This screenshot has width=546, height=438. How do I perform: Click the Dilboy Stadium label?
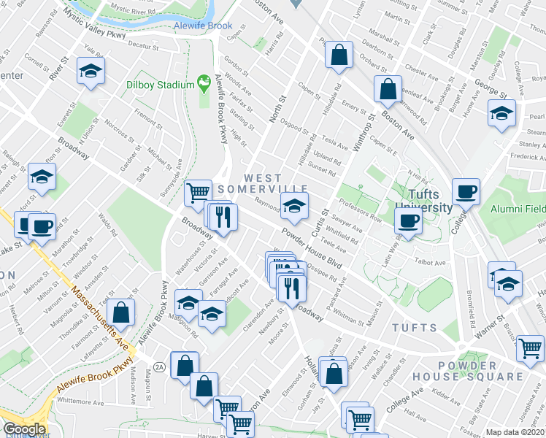pyautogui.click(x=169, y=85)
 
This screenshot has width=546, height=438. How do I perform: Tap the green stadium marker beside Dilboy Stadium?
pyautogui.click(x=204, y=85)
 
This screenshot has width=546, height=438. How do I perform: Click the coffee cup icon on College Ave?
pyautogui.click(x=466, y=193)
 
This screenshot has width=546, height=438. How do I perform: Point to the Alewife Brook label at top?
pyautogui.click(x=202, y=25)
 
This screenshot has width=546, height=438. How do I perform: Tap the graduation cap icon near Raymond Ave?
pyautogui.click(x=294, y=207)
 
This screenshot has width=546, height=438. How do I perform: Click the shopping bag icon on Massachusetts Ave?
pyautogui.click(x=123, y=312)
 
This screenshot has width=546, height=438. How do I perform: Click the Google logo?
pyautogui.click(x=24, y=430)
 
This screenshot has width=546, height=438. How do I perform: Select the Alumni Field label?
pyautogui.click(x=518, y=208)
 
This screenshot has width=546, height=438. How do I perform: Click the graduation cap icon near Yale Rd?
pyautogui.click(x=91, y=71)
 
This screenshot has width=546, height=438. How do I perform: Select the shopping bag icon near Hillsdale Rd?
pyautogui.click(x=339, y=55)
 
